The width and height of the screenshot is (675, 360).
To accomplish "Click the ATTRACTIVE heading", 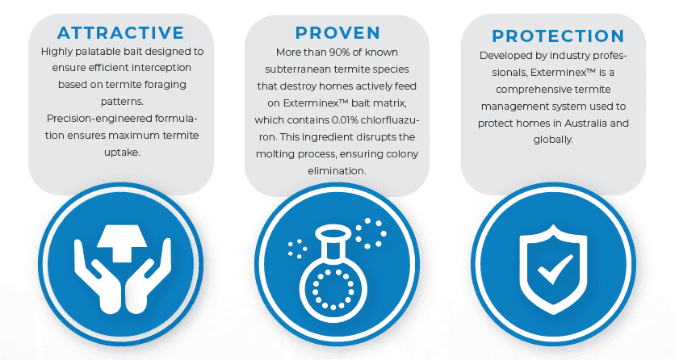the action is coord(120,32).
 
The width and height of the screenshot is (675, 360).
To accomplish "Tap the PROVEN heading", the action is coord(338,32).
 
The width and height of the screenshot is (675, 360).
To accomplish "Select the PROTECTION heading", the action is coord(558,36).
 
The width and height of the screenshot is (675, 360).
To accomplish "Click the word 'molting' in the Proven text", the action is coord(272,154).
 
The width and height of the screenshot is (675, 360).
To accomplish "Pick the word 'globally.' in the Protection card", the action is coord(553,140).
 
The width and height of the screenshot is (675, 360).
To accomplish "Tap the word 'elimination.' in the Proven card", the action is coord(337,171).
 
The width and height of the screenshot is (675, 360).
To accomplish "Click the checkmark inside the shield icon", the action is coord(556,270).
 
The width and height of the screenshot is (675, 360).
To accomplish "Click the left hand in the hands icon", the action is coord(97,275).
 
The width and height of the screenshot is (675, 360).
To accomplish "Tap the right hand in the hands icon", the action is coord(148,275).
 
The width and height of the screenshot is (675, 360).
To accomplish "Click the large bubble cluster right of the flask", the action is coord(371,233).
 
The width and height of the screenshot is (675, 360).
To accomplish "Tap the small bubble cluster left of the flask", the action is coord(297,249).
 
